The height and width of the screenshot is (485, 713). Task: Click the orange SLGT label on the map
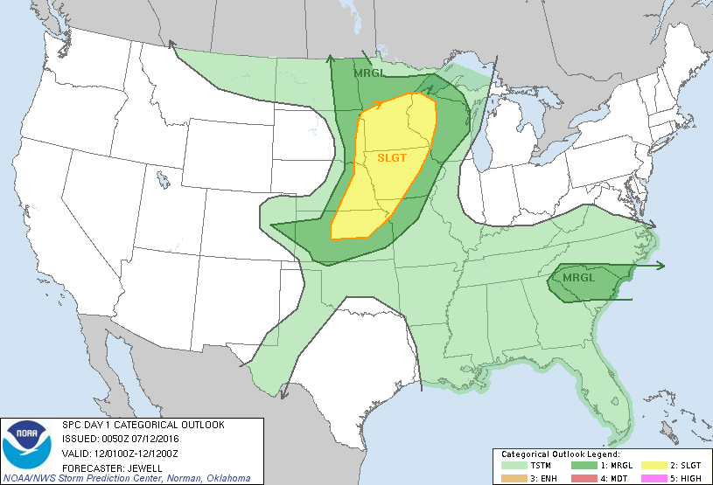click(x=393, y=158)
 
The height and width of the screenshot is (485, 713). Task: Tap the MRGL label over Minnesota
click(x=367, y=73)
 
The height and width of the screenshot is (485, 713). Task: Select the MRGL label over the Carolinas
click(x=577, y=278)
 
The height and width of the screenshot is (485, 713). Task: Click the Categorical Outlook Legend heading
click(x=560, y=454)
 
